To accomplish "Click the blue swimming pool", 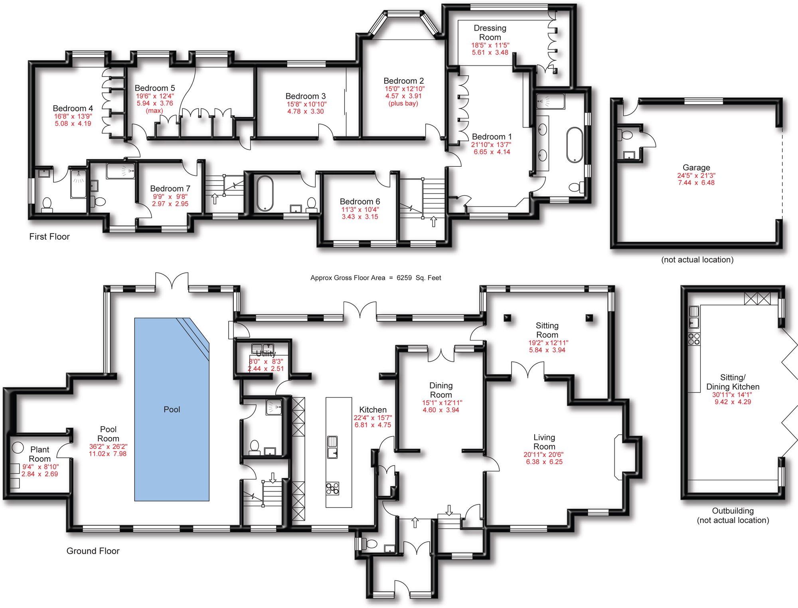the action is coord(172,409).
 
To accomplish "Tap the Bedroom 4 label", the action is coord(73,108).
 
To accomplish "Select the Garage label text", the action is coord(696,167).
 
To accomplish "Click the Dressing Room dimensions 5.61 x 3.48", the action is coord(490,53).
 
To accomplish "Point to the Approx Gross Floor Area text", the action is coord(375,278).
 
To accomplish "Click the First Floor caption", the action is coord(49,236).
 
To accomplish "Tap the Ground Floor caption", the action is coord(93,551).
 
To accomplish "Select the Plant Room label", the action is coord(40,454).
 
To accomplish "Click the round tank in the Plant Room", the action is coord(18,448).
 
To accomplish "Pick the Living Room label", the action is coord(544,442).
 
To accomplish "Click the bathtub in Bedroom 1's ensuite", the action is coord(575,145).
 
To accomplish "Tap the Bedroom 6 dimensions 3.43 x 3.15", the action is coord(359,217).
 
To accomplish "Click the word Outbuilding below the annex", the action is coord(733,511).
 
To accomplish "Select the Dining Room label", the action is coord(441,390).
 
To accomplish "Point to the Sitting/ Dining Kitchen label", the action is coord(733,382).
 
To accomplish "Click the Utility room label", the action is coord(266,353).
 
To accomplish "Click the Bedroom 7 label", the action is coord(170,189).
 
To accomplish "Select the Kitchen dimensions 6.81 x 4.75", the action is coord(373,425).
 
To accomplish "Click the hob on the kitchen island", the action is coord(333,488).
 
